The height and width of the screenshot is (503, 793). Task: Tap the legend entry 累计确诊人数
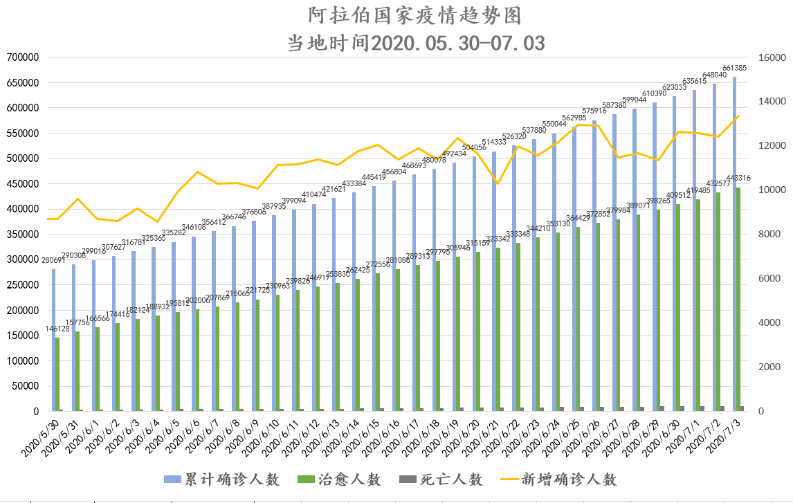click(x=221, y=479)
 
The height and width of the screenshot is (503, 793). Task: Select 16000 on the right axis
click(x=773, y=57)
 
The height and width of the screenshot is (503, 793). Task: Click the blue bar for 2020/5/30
click(x=53, y=340)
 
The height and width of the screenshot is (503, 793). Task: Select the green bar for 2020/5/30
click(x=57, y=374)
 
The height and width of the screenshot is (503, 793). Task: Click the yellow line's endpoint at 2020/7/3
click(x=738, y=116)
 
